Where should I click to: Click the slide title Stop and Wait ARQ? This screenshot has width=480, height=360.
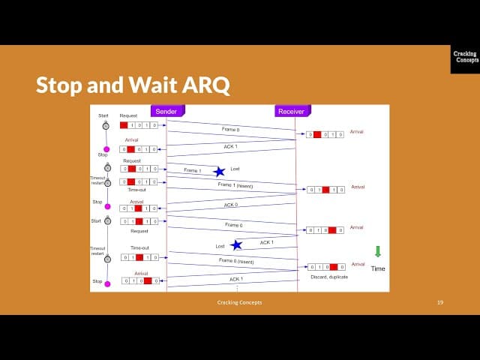point(132,85)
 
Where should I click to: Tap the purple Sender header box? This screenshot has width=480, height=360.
point(166,111)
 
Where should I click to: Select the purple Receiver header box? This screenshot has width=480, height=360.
point(291,111)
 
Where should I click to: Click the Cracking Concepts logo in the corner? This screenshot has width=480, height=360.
point(465,58)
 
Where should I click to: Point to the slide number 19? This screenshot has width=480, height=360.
point(440,302)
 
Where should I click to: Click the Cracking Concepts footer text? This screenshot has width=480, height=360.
point(234,302)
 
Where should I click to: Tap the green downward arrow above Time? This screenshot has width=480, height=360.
point(378,251)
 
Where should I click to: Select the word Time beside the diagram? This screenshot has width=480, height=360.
point(378,268)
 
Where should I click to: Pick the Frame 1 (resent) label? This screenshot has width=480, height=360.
point(235,184)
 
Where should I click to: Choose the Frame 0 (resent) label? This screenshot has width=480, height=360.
point(236,261)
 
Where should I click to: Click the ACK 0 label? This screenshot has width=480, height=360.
point(231,204)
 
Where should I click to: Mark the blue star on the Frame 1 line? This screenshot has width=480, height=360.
point(219,172)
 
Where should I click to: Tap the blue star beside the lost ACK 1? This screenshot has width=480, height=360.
point(236,244)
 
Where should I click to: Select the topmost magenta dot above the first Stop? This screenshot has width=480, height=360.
point(106,149)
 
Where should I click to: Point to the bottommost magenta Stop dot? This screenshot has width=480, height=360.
point(106,283)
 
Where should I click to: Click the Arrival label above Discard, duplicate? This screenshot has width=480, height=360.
point(358,264)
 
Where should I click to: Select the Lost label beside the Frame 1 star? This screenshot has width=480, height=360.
point(235,169)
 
